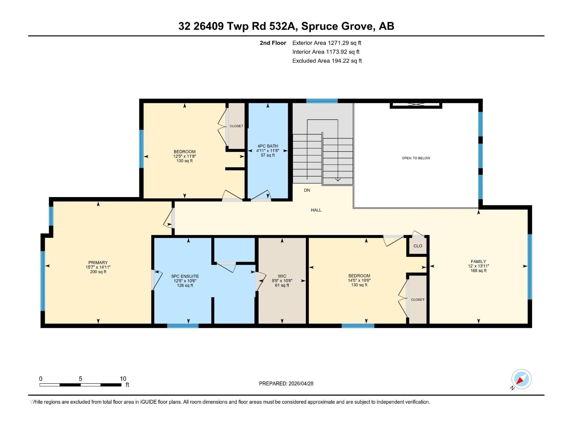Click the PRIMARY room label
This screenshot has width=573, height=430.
click(98, 263)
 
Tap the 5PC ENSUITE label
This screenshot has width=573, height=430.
click(185, 276)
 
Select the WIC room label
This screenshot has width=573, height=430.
click(282, 276)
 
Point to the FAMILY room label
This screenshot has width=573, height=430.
click(478, 261)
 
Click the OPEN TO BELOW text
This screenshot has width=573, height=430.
click(416, 158)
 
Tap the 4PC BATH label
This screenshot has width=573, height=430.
click(268, 146)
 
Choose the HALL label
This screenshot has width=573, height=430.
click(316, 210)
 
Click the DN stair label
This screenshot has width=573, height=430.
click(307, 190)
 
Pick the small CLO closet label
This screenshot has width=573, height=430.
click(418, 246)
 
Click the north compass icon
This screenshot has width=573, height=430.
click(521, 379)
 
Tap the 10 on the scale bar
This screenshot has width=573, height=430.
click(123, 378)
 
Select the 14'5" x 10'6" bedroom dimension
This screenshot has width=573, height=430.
click(359, 281)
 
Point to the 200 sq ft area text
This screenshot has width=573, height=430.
click(98, 272)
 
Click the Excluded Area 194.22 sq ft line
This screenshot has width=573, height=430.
click(327, 61)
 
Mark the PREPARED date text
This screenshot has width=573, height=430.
click(286, 383)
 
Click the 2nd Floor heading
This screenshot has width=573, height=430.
click(273, 43)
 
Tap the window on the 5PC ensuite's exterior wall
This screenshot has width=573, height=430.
click(183, 326)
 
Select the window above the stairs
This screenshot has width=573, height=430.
click(322, 101)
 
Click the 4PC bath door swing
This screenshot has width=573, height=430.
click(261, 196)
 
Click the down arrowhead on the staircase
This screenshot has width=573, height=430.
click(338, 180)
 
